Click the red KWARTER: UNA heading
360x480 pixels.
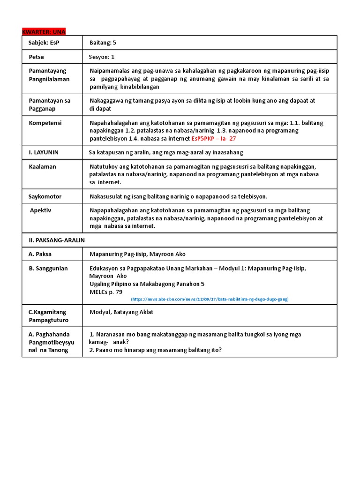coord(44,31)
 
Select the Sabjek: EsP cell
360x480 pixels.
coord(45,42)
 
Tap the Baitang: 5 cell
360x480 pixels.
coord(103,42)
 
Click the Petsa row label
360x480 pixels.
coord(36,57)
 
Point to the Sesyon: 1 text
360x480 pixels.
coord(102,57)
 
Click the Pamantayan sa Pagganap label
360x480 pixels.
coord(49,105)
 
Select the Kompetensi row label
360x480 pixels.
coord(45,123)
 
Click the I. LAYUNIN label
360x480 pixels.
coord(43,152)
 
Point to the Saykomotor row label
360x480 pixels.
coord(45,196)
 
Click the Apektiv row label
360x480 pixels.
coord(40,210)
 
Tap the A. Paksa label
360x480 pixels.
coord(40,254)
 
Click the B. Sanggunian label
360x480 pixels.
coord(48,269)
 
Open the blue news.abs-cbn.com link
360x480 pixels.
coord(210,299)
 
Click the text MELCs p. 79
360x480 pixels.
coord(106,292)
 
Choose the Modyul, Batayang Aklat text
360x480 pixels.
coord(121,312)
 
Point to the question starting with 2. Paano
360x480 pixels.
coord(155,350)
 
